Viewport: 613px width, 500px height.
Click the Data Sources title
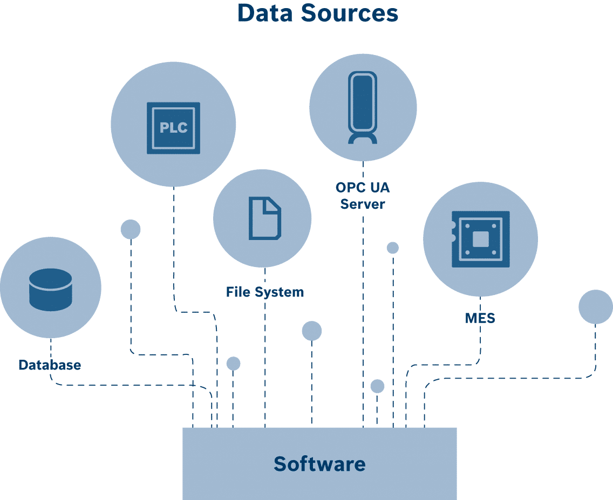[x=317, y=13]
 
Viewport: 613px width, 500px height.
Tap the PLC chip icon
[x=173, y=128]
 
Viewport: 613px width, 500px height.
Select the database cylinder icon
[x=50, y=290]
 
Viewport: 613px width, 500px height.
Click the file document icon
[x=264, y=218]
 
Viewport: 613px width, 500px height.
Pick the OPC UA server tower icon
[x=362, y=108]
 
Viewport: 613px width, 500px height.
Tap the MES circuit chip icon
[x=480, y=239]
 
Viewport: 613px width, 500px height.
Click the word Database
[x=50, y=365]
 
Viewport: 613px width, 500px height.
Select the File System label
[x=264, y=292]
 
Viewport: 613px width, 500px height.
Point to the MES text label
[x=480, y=318]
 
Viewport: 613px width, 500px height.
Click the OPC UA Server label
[x=363, y=196]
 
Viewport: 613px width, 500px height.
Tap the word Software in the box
[x=319, y=464]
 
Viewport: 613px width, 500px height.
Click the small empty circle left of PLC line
[x=131, y=229]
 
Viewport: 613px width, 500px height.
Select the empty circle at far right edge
[x=595, y=307]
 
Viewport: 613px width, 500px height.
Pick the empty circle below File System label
[x=311, y=331]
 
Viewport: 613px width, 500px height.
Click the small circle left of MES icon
[x=393, y=248]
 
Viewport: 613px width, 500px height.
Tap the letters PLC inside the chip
[x=173, y=128]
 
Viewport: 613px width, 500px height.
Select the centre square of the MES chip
[x=480, y=239]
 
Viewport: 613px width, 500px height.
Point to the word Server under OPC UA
[x=363, y=204]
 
